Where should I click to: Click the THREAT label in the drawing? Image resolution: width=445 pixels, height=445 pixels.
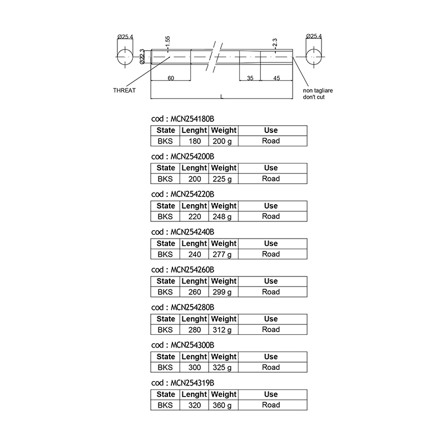point(124,91)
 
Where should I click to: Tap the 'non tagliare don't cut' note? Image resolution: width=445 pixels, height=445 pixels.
point(318,93)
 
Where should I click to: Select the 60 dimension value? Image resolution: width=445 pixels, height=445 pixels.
point(171,78)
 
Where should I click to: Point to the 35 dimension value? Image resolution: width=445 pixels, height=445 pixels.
point(250,78)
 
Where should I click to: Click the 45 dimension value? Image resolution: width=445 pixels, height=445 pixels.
point(276,78)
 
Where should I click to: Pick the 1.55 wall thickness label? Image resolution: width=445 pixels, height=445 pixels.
point(167,42)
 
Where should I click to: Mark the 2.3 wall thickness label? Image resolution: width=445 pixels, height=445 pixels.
point(275,43)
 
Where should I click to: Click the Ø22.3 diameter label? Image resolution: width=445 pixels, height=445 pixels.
point(142,57)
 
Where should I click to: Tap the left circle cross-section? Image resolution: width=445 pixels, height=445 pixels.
point(125,57)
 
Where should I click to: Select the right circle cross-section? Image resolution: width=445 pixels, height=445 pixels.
point(314,57)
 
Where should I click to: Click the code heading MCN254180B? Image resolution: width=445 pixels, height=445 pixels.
point(183,118)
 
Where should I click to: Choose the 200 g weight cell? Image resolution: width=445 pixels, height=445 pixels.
point(222,141)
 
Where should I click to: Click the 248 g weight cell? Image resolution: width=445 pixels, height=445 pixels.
point(222,216)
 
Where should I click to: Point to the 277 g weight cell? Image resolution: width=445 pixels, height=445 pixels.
point(222,254)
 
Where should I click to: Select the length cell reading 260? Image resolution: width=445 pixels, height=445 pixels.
point(195,292)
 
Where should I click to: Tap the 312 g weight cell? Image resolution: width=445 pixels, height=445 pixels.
point(222,330)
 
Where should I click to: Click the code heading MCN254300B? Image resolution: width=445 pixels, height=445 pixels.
point(183,345)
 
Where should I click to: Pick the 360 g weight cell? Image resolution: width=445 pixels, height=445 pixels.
point(222,406)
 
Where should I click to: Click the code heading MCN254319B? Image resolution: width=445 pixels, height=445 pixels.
point(183,383)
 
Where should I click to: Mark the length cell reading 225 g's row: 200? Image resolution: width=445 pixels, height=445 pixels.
point(195,179)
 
